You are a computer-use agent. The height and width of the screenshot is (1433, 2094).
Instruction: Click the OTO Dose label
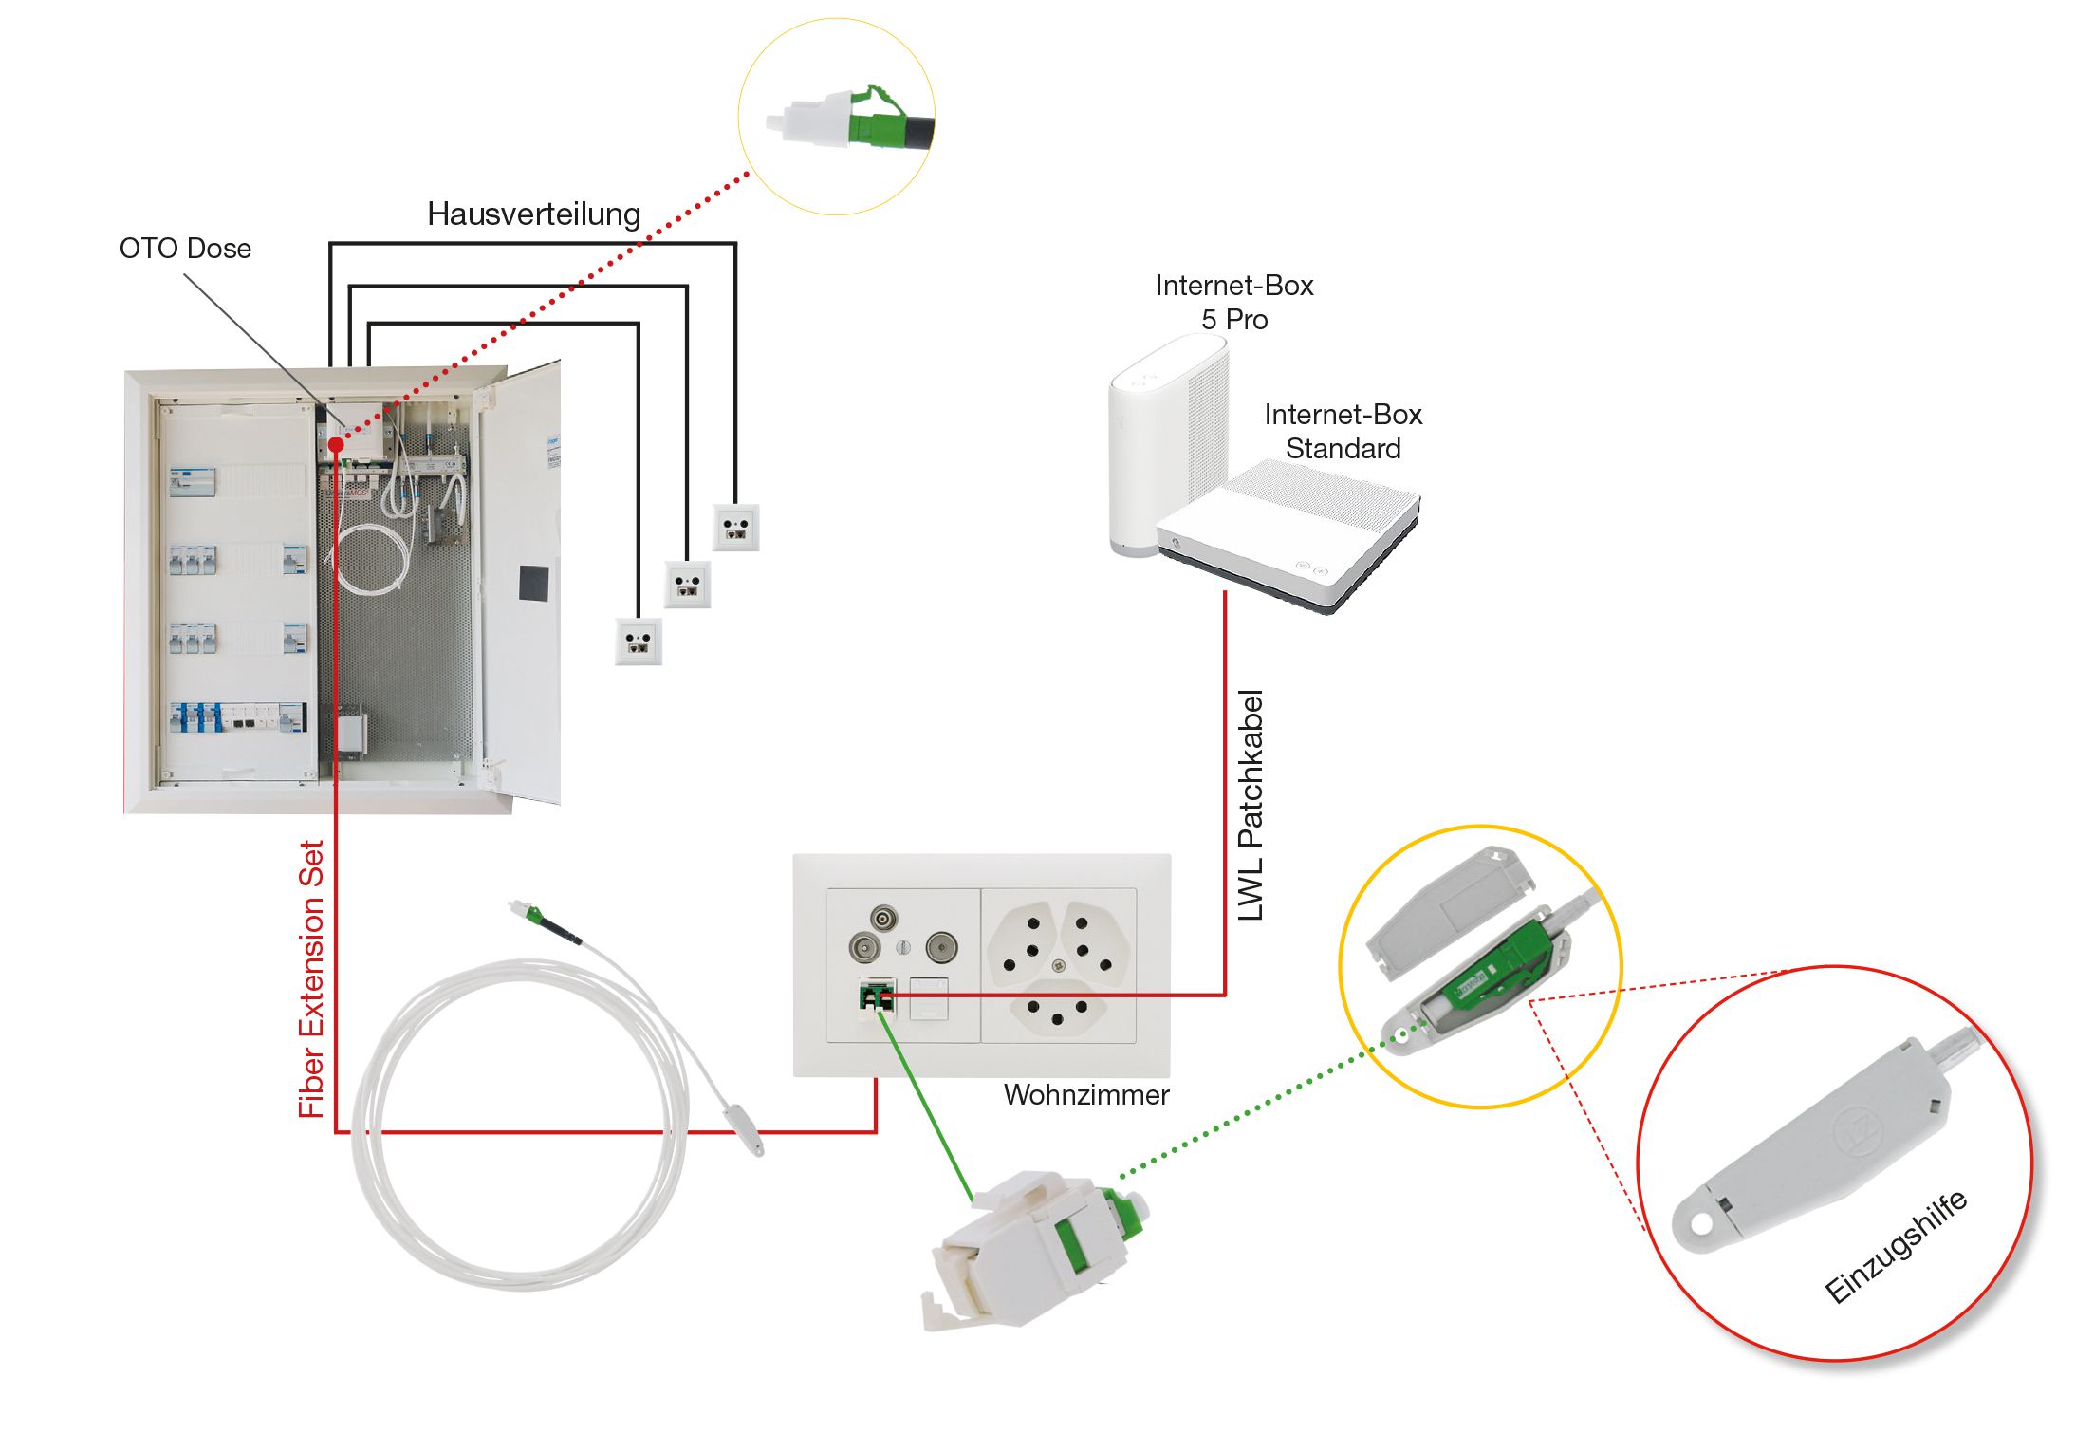[185, 249]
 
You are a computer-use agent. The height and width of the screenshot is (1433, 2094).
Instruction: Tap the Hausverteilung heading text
[533, 214]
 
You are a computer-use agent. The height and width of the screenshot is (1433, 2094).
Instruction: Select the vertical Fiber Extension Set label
[311, 979]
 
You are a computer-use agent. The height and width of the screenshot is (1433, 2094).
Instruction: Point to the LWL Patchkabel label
[1251, 806]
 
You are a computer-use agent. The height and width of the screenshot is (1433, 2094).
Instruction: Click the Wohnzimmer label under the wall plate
[1085, 1095]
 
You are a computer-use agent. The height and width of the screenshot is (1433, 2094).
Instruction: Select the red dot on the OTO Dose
[336, 444]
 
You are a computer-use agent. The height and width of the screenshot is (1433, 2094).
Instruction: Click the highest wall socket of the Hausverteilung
[736, 528]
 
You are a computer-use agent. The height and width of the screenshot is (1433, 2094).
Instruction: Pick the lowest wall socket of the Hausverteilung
[639, 642]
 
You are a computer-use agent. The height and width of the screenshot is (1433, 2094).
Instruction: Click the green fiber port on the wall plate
[876, 998]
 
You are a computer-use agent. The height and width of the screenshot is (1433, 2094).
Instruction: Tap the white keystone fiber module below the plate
[1034, 1248]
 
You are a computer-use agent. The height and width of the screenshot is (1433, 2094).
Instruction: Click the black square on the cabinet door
[533, 582]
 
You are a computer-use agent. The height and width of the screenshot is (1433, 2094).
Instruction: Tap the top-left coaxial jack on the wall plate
[884, 919]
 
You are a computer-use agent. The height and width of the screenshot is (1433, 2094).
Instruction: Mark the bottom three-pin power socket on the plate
[1057, 1012]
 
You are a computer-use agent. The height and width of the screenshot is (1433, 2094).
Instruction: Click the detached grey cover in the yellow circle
[1447, 912]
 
